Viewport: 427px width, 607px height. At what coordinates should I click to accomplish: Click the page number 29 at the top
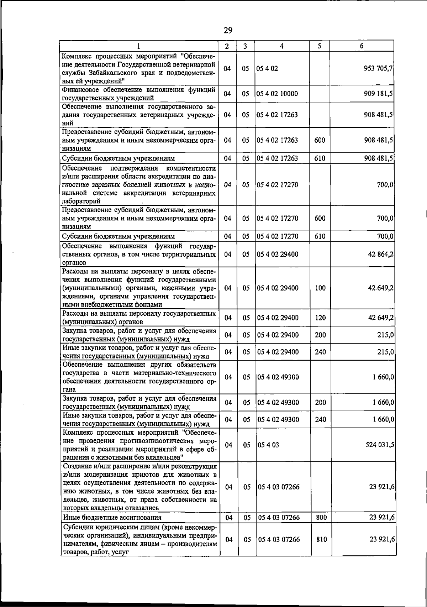tap(228, 31)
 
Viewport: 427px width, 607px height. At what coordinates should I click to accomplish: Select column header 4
tap(281, 46)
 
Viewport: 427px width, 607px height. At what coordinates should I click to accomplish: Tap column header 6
tap(362, 46)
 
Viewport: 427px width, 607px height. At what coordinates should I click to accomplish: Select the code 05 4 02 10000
tap(277, 94)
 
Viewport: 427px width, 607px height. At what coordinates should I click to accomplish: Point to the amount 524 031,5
tap(378, 445)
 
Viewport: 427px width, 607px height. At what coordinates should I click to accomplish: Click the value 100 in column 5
tap(320, 288)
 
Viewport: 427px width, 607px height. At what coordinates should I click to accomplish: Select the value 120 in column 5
tap(320, 318)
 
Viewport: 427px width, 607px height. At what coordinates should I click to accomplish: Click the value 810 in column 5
tap(321, 549)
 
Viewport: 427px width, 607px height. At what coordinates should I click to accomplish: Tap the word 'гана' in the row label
tap(69, 390)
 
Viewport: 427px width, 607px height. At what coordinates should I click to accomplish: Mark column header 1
tap(138, 46)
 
